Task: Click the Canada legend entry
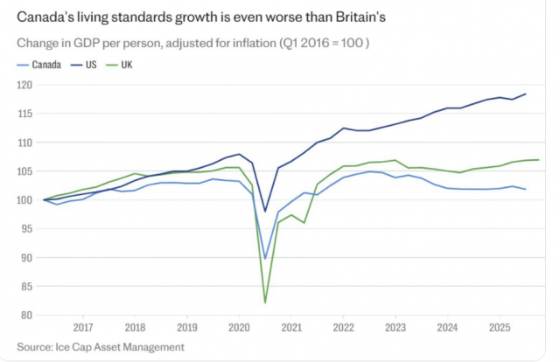(x=45, y=65)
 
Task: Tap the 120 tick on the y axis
(x=24, y=85)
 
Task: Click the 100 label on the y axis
(x=24, y=200)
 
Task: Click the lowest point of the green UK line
(x=265, y=303)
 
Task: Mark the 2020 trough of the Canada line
(x=265, y=258)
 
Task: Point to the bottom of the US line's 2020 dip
(x=265, y=211)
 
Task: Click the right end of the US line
(x=526, y=94)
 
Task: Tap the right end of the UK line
(x=538, y=160)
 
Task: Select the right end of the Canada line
(x=526, y=190)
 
